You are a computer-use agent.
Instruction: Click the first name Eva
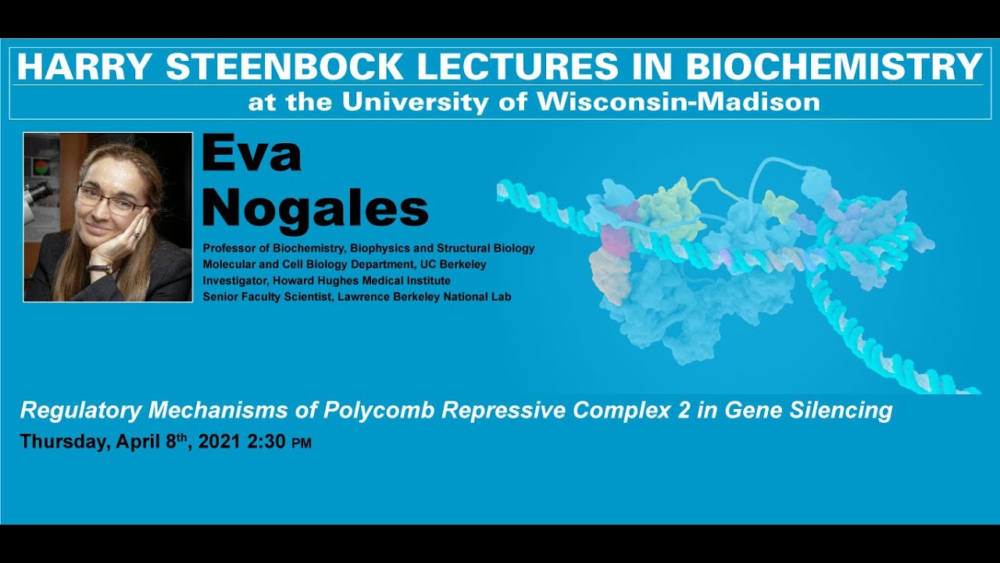pyautogui.click(x=251, y=154)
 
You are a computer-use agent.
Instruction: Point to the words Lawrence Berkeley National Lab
pyautogui.click(x=424, y=296)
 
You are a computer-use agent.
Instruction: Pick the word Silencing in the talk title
pyautogui.click(x=848, y=410)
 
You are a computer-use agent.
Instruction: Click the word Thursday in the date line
pyautogui.click(x=64, y=442)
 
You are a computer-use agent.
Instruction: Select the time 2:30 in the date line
pyautogui.click(x=266, y=442)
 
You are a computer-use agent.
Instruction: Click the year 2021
pyautogui.click(x=219, y=442)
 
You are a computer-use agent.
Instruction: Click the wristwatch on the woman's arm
pyautogui.click(x=100, y=269)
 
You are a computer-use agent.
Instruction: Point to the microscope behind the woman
pyautogui.click(x=37, y=192)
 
